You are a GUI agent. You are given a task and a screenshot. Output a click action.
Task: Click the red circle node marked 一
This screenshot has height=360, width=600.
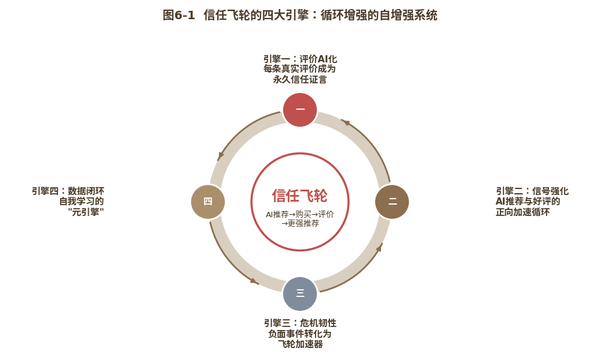[x=300, y=109]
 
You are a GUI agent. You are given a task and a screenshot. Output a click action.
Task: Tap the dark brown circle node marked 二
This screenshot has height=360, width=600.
[x=392, y=202]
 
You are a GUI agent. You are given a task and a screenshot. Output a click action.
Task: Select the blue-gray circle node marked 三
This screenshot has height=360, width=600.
[x=300, y=294]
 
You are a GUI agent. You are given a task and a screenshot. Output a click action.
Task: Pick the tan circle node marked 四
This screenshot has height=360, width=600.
[x=208, y=202]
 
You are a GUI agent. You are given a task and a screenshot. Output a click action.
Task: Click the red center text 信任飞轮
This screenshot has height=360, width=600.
[x=299, y=196]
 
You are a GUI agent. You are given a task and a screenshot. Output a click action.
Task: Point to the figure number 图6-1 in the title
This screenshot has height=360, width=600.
[x=179, y=16]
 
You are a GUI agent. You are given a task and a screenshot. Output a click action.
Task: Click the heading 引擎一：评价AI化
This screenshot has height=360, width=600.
[x=300, y=59]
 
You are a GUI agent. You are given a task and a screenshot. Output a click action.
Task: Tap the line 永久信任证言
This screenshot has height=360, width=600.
[x=300, y=79]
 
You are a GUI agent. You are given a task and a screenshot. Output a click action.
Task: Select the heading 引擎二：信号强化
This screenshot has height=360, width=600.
[x=532, y=191]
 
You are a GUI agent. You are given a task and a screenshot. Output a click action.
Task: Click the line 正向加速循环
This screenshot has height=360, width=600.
[x=523, y=212]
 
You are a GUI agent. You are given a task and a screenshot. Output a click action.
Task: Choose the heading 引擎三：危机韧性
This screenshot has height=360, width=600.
[x=300, y=323]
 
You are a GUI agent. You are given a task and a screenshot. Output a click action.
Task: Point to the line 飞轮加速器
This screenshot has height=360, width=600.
[x=300, y=344]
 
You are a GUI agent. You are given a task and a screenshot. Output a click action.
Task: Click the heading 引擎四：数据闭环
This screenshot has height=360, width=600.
[x=68, y=191]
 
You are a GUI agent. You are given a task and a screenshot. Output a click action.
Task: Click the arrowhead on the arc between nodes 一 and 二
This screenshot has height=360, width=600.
[x=346, y=122]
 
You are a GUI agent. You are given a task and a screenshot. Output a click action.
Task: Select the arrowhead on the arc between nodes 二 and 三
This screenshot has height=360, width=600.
[x=379, y=247]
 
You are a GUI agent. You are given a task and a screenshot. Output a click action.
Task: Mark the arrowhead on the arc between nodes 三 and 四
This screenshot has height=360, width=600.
[x=254, y=281]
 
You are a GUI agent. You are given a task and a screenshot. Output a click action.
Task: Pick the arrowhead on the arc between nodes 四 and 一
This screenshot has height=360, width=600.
[x=220, y=156]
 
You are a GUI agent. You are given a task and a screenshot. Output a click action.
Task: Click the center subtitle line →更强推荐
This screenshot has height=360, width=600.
[x=300, y=223]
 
